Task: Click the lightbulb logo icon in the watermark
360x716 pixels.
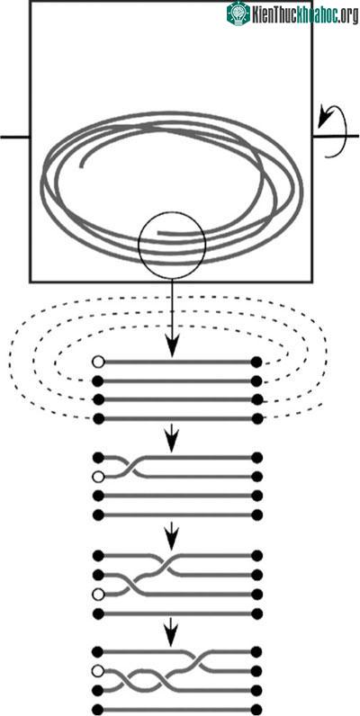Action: tap(238, 13)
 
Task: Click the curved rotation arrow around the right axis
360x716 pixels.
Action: tap(328, 131)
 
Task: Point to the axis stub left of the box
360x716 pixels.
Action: tap(15, 137)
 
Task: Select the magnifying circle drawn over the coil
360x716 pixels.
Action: tap(172, 246)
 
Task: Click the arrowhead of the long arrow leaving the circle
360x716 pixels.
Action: tap(172, 349)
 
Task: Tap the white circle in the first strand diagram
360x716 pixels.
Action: tap(98, 362)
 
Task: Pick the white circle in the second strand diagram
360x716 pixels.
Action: tap(98, 477)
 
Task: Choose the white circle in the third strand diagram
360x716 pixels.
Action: tap(98, 595)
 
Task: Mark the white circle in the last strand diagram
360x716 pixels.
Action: tap(98, 671)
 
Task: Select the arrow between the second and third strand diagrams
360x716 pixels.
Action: tap(172, 535)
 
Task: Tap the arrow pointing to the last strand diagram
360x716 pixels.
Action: tap(172, 632)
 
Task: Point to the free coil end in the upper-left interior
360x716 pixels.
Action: tap(82, 166)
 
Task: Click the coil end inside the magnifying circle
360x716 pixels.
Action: tap(158, 233)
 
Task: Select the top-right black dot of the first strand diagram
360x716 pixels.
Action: tap(256, 362)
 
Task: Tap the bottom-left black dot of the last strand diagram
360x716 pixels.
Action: tap(98, 709)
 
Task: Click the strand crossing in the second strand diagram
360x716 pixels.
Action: tap(130, 467)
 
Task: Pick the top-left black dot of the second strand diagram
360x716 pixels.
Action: tap(98, 457)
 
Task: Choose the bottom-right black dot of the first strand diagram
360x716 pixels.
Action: tap(256, 418)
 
